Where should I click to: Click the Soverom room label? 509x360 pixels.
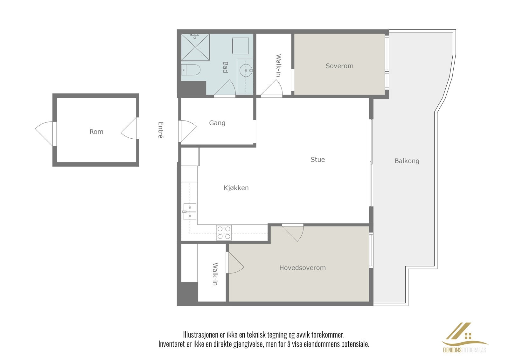pos(339,66)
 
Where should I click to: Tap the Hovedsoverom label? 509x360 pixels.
pos(303,268)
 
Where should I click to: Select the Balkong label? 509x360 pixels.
pos(407,161)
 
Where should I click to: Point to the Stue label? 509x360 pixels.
pos(318,159)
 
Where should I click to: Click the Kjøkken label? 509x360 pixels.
pos(236,188)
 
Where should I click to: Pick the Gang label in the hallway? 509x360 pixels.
pos(217,123)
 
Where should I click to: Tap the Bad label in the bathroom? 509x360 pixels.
pos(225,67)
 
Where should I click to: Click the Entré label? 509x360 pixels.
pos(161,130)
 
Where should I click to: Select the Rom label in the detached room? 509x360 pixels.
pos(96,132)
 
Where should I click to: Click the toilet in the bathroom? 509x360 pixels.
pos(191,70)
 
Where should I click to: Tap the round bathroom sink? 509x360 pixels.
pos(246,70)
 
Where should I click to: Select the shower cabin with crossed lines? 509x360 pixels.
pos(195,47)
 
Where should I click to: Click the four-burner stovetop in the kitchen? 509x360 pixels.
pos(224,232)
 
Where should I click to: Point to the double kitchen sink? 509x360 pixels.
pos(190,212)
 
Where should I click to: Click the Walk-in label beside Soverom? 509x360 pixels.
pos(279,66)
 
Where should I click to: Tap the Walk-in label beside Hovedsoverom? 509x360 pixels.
pos(215,274)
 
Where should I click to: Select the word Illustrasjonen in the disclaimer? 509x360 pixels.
pos(201,335)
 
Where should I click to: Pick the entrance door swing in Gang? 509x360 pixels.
pos(187,131)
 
